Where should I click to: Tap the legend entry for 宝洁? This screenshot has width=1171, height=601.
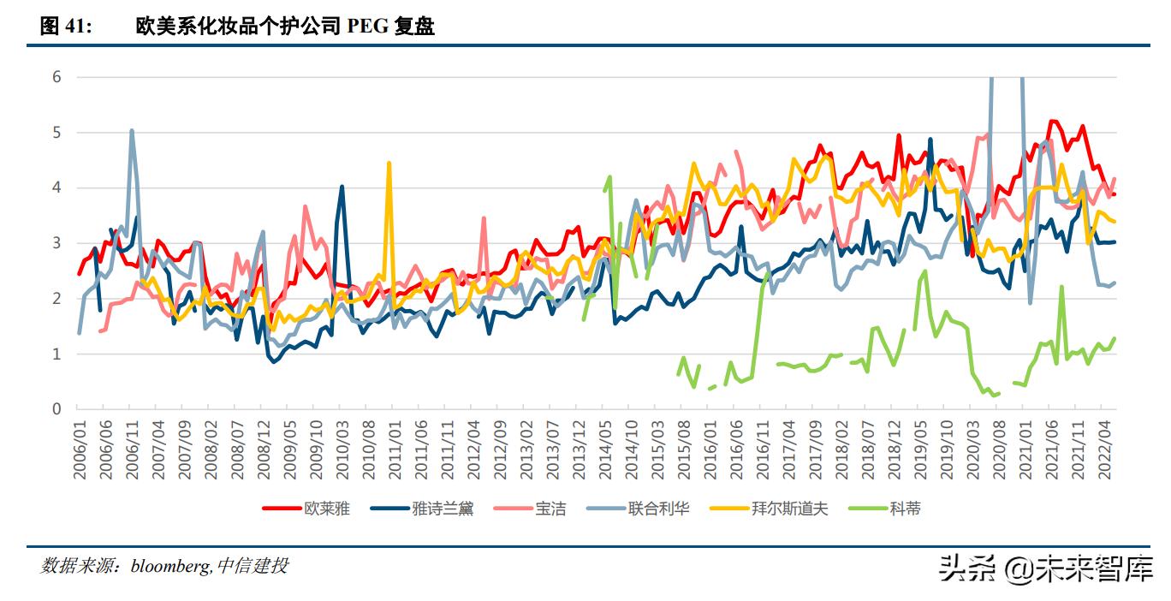pos(550,509)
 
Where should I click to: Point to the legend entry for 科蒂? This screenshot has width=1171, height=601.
pos(905,509)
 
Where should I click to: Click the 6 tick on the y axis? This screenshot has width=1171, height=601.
pos(56,77)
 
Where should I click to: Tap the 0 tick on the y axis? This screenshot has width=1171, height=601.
pos(56,409)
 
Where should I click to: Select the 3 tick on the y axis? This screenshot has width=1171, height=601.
pos(56,243)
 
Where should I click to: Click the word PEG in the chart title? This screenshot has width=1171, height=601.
pos(367,27)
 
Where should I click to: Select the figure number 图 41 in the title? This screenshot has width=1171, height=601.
pos(65,27)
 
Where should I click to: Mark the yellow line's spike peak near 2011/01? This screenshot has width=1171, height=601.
pos(389,163)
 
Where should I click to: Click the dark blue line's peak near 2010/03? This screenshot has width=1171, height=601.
pos(342,186)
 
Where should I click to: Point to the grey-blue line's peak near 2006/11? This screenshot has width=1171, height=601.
pos(132,130)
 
